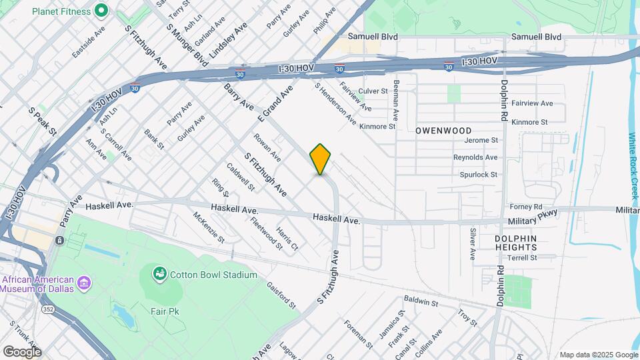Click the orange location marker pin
click(321, 159)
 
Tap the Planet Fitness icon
click(101, 10)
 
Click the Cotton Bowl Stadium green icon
click(159, 273)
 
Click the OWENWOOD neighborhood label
click(443, 131)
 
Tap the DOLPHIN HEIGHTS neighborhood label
click(516, 243)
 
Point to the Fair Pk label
click(164, 311)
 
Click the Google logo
click(22, 351)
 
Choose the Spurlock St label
click(479, 175)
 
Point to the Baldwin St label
click(420, 302)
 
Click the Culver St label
click(373, 91)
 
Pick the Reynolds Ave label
click(475, 157)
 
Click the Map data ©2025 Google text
click(598, 355)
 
